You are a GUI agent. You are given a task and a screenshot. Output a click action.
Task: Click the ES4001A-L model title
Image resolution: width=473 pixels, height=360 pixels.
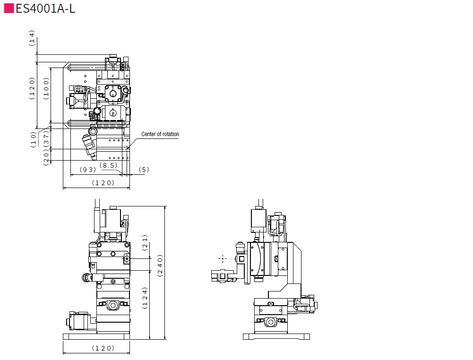[45, 9]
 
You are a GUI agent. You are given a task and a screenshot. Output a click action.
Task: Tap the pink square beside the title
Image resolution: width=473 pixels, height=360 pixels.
[9, 9]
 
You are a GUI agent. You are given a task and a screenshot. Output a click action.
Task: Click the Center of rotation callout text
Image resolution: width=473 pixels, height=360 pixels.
[160, 134]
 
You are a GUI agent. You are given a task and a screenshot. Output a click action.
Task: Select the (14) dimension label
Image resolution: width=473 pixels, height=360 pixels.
[32, 38]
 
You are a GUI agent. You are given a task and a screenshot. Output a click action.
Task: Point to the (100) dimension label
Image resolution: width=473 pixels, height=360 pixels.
[46, 89]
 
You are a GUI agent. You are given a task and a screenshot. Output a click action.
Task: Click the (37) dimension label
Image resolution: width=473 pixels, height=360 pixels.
[46, 139]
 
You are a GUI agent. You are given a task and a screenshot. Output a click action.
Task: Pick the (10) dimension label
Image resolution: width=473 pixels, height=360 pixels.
[33, 139]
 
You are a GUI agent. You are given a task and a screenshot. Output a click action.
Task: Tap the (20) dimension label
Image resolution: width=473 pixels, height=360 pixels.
[46, 158]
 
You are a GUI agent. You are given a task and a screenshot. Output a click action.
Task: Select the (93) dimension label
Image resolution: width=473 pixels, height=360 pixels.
[88, 170]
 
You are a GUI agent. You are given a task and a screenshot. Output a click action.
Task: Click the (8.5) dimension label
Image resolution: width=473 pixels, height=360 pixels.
[108, 165]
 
